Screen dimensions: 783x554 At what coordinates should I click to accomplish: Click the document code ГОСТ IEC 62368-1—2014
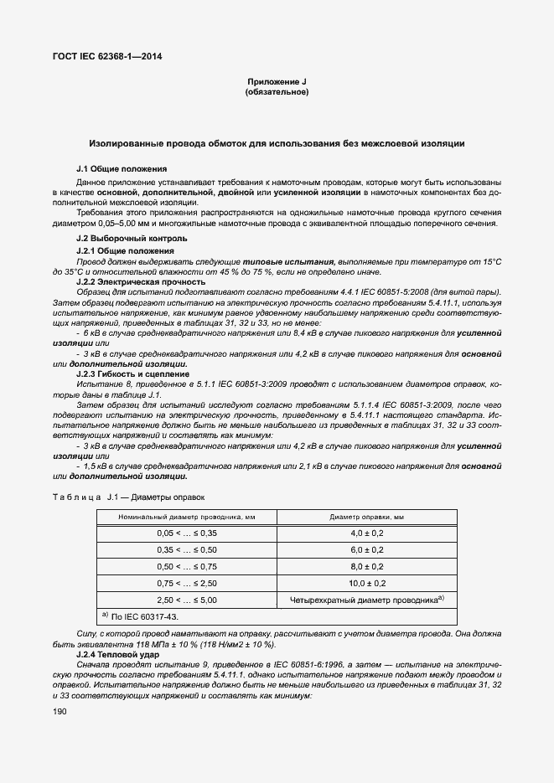point(108,57)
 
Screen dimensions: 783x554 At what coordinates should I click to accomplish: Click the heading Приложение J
point(277,81)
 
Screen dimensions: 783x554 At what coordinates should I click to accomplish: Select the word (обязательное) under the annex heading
point(277,91)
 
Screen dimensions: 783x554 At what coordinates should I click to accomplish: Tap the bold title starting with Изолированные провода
point(277,144)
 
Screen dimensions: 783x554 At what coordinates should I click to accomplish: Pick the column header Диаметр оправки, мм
point(366,517)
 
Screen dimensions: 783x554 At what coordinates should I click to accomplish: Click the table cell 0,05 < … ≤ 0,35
point(186,533)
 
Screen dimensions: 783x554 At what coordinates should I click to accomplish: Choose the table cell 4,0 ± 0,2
point(366,533)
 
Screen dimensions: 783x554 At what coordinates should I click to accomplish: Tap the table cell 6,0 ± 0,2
point(366,549)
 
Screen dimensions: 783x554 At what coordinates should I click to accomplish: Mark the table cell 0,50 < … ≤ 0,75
point(186,566)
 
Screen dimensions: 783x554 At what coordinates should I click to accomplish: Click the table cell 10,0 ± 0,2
point(366,583)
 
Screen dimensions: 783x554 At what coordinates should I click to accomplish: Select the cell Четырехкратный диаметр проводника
point(366,600)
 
